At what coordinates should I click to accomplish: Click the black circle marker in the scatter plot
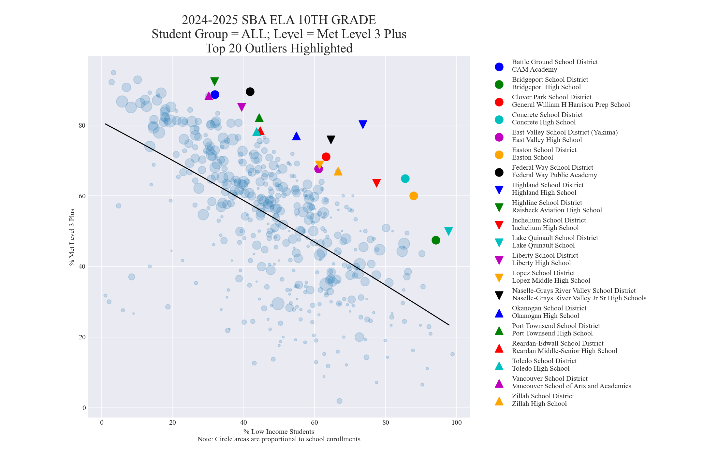(250, 92)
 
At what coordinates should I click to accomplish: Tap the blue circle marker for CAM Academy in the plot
(215, 95)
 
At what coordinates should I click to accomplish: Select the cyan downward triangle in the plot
(448, 231)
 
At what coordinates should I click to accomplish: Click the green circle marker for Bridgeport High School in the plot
(436, 240)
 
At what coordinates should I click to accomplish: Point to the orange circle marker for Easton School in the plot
(414, 196)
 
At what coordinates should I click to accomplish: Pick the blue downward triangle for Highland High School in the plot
(363, 124)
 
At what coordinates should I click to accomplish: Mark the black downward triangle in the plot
(331, 139)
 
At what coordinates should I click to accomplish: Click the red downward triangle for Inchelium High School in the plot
(376, 183)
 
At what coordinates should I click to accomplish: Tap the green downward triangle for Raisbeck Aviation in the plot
(214, 81)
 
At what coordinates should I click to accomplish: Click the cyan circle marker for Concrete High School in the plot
(405, 179)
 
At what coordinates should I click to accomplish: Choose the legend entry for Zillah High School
(543, 400)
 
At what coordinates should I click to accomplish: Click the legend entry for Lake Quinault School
(555, 242)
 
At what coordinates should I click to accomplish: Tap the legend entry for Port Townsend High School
(556, 330)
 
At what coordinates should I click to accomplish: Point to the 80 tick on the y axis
(82, 125)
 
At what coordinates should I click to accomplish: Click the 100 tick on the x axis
(457, 423)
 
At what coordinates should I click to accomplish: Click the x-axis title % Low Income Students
(279, 432)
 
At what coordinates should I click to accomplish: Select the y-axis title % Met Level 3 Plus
(72, 237)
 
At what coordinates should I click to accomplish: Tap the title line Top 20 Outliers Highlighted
(279, 49)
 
